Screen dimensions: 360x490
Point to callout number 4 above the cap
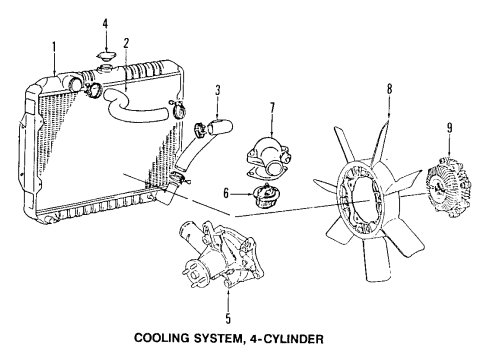tap(103, 22)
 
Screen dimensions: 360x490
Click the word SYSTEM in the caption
tap(237, 342)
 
